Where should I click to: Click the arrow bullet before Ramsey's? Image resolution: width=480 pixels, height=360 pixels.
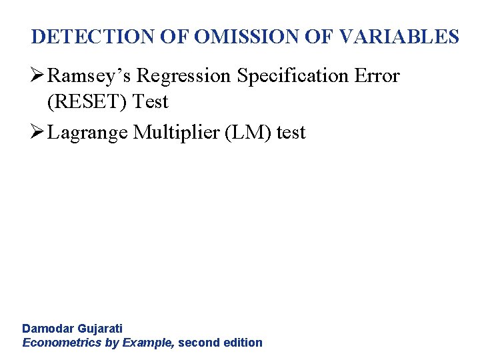pyautogui.click(x=38, y=76)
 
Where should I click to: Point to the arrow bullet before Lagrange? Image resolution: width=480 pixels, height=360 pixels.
pyautogui.click(x=38, y=133)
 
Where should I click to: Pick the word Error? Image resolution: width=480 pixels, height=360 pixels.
pyautogui.click(x=377, y=76)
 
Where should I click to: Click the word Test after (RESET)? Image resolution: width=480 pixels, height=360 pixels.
pyautogui.click(x=151, y=102)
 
